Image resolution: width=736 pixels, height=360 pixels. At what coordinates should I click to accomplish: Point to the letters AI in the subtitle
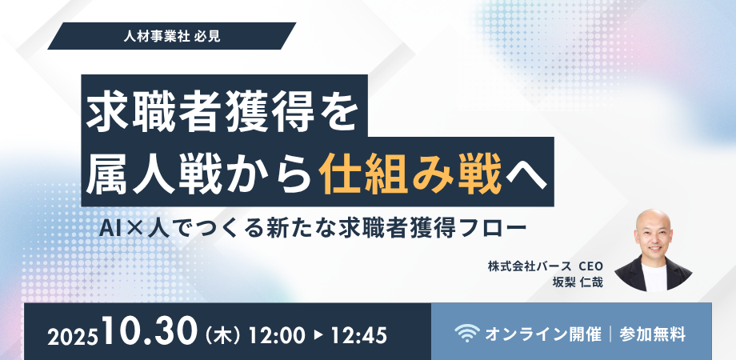[109, 227]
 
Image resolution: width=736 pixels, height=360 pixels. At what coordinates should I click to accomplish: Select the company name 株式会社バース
[526, 266]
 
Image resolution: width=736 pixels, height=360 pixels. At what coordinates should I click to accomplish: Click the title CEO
[590, 266]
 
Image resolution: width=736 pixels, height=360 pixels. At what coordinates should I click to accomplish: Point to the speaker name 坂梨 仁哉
[577, 282]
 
